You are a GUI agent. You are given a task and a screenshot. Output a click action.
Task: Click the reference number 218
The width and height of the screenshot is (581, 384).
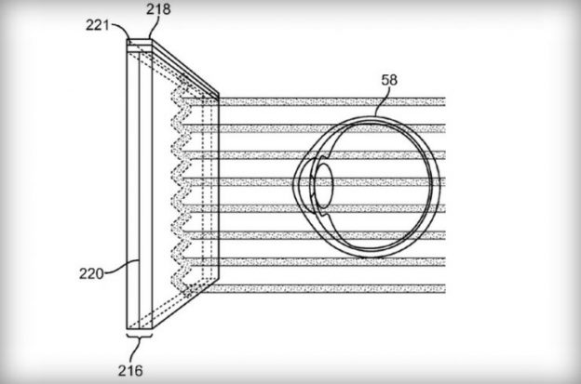(158, 9)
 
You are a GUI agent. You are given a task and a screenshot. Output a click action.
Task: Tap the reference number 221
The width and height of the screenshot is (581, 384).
(98, 25)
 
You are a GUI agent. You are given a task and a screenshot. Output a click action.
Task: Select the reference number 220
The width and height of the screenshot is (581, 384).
(91, 273)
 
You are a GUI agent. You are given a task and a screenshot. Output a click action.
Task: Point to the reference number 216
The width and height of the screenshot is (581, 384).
(130, 370)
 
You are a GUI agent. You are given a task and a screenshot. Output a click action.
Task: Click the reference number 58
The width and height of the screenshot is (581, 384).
(389, 80)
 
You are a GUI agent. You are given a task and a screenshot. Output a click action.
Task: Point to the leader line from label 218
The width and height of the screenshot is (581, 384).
(155, 28)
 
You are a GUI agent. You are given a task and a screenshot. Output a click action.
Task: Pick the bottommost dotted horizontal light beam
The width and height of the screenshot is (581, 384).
(321, 288)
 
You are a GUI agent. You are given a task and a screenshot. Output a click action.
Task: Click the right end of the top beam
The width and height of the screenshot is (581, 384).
(445, 101)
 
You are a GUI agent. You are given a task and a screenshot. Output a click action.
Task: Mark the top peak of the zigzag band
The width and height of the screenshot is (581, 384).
(182, 78)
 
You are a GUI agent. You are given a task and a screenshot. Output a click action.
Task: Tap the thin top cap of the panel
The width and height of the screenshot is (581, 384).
(140, 42)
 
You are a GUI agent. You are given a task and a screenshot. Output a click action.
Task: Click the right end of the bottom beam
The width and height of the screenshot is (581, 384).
(445, 288)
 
